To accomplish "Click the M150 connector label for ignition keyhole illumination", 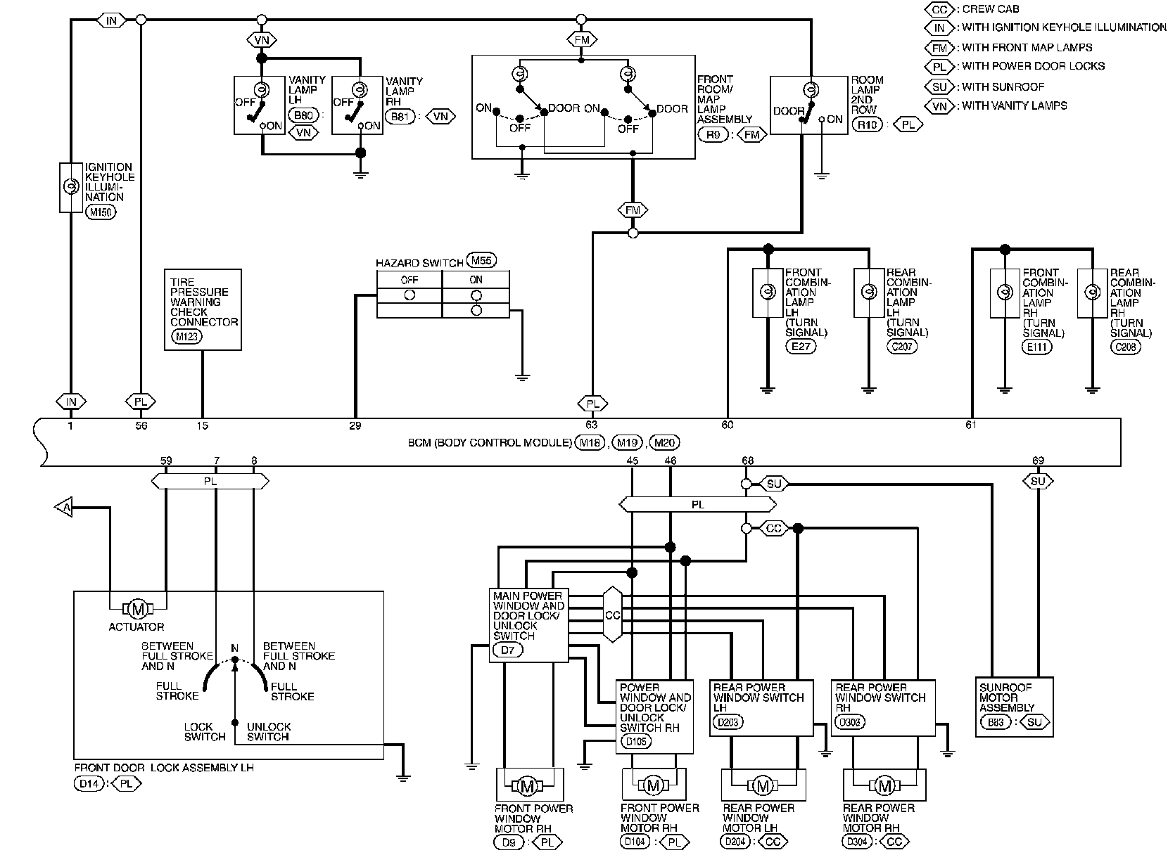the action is (101, 212).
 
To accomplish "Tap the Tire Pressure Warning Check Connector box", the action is (203, 309).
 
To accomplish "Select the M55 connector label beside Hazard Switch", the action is (481, 260).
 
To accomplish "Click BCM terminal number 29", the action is (355, 425).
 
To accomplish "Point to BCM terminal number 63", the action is (591, 425).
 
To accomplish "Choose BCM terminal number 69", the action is (1038, 461).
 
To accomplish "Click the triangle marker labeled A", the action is (64, 507).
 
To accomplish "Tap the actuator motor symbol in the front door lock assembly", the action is (138, 609).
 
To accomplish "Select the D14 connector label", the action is (89, 783).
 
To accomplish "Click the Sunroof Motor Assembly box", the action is (1014, 707).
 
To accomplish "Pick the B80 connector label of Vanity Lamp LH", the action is (303, 115).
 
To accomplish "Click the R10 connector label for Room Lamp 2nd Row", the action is (867, 124).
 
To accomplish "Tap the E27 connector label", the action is (801, 346).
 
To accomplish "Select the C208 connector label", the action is (1125, 347).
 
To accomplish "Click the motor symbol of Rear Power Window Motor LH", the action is (763, 785).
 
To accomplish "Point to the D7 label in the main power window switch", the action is (508, 650).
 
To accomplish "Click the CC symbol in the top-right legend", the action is (939, 9).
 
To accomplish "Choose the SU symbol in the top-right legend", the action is (939, 86).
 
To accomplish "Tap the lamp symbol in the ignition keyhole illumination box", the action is (71, 186).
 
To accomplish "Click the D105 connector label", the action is (635, 741).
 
